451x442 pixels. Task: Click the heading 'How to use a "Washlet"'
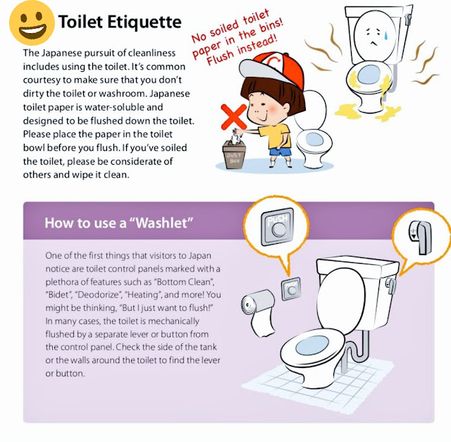pyautogui.click(x=119, y=223)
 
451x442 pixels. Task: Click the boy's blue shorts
pyautogui.click(x=280, y=150)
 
